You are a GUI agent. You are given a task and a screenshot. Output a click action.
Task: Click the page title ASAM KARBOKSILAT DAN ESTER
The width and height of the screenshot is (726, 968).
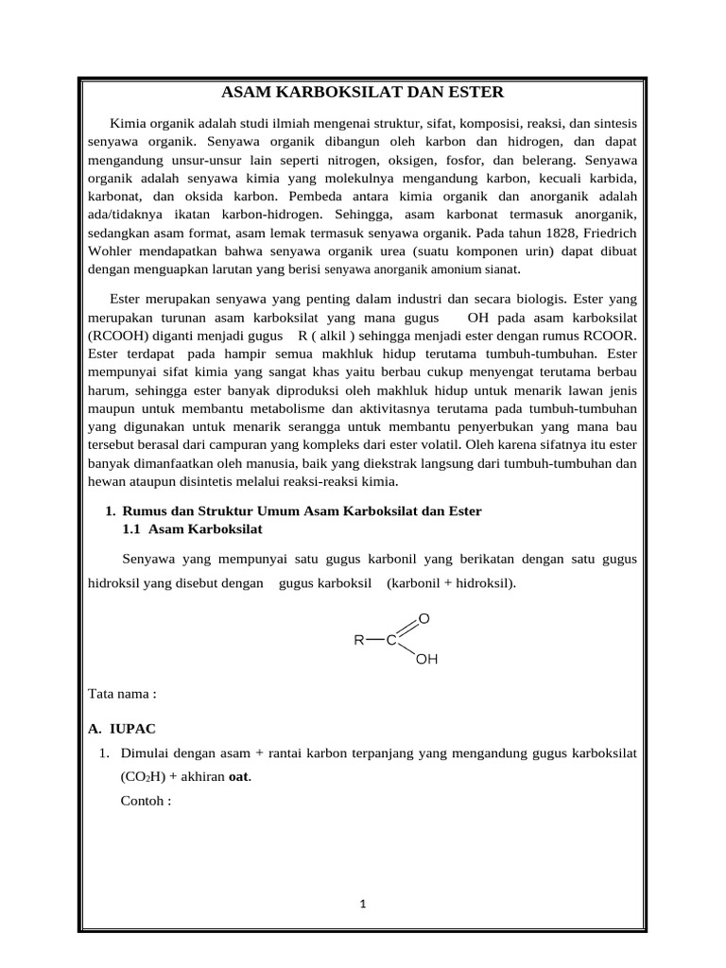[362, 92]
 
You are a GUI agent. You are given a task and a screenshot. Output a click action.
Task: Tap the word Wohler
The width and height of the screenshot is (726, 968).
[112, 251]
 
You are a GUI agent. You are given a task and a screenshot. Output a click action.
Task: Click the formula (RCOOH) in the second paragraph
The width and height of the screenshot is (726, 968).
[119, 334]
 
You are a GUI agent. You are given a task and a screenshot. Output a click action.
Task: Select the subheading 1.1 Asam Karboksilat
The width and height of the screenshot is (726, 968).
[192, 528]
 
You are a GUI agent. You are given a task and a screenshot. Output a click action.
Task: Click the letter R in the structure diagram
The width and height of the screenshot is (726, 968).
[359, 640]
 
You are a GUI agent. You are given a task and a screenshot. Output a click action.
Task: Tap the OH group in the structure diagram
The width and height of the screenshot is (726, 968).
[426, 659]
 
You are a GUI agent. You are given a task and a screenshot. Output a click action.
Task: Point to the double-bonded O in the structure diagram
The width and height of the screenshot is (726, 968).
[423, 618]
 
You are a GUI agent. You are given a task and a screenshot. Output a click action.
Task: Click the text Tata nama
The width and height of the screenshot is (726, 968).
[121, 693]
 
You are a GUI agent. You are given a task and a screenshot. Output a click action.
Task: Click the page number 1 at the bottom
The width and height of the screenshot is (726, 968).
[362, 904]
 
